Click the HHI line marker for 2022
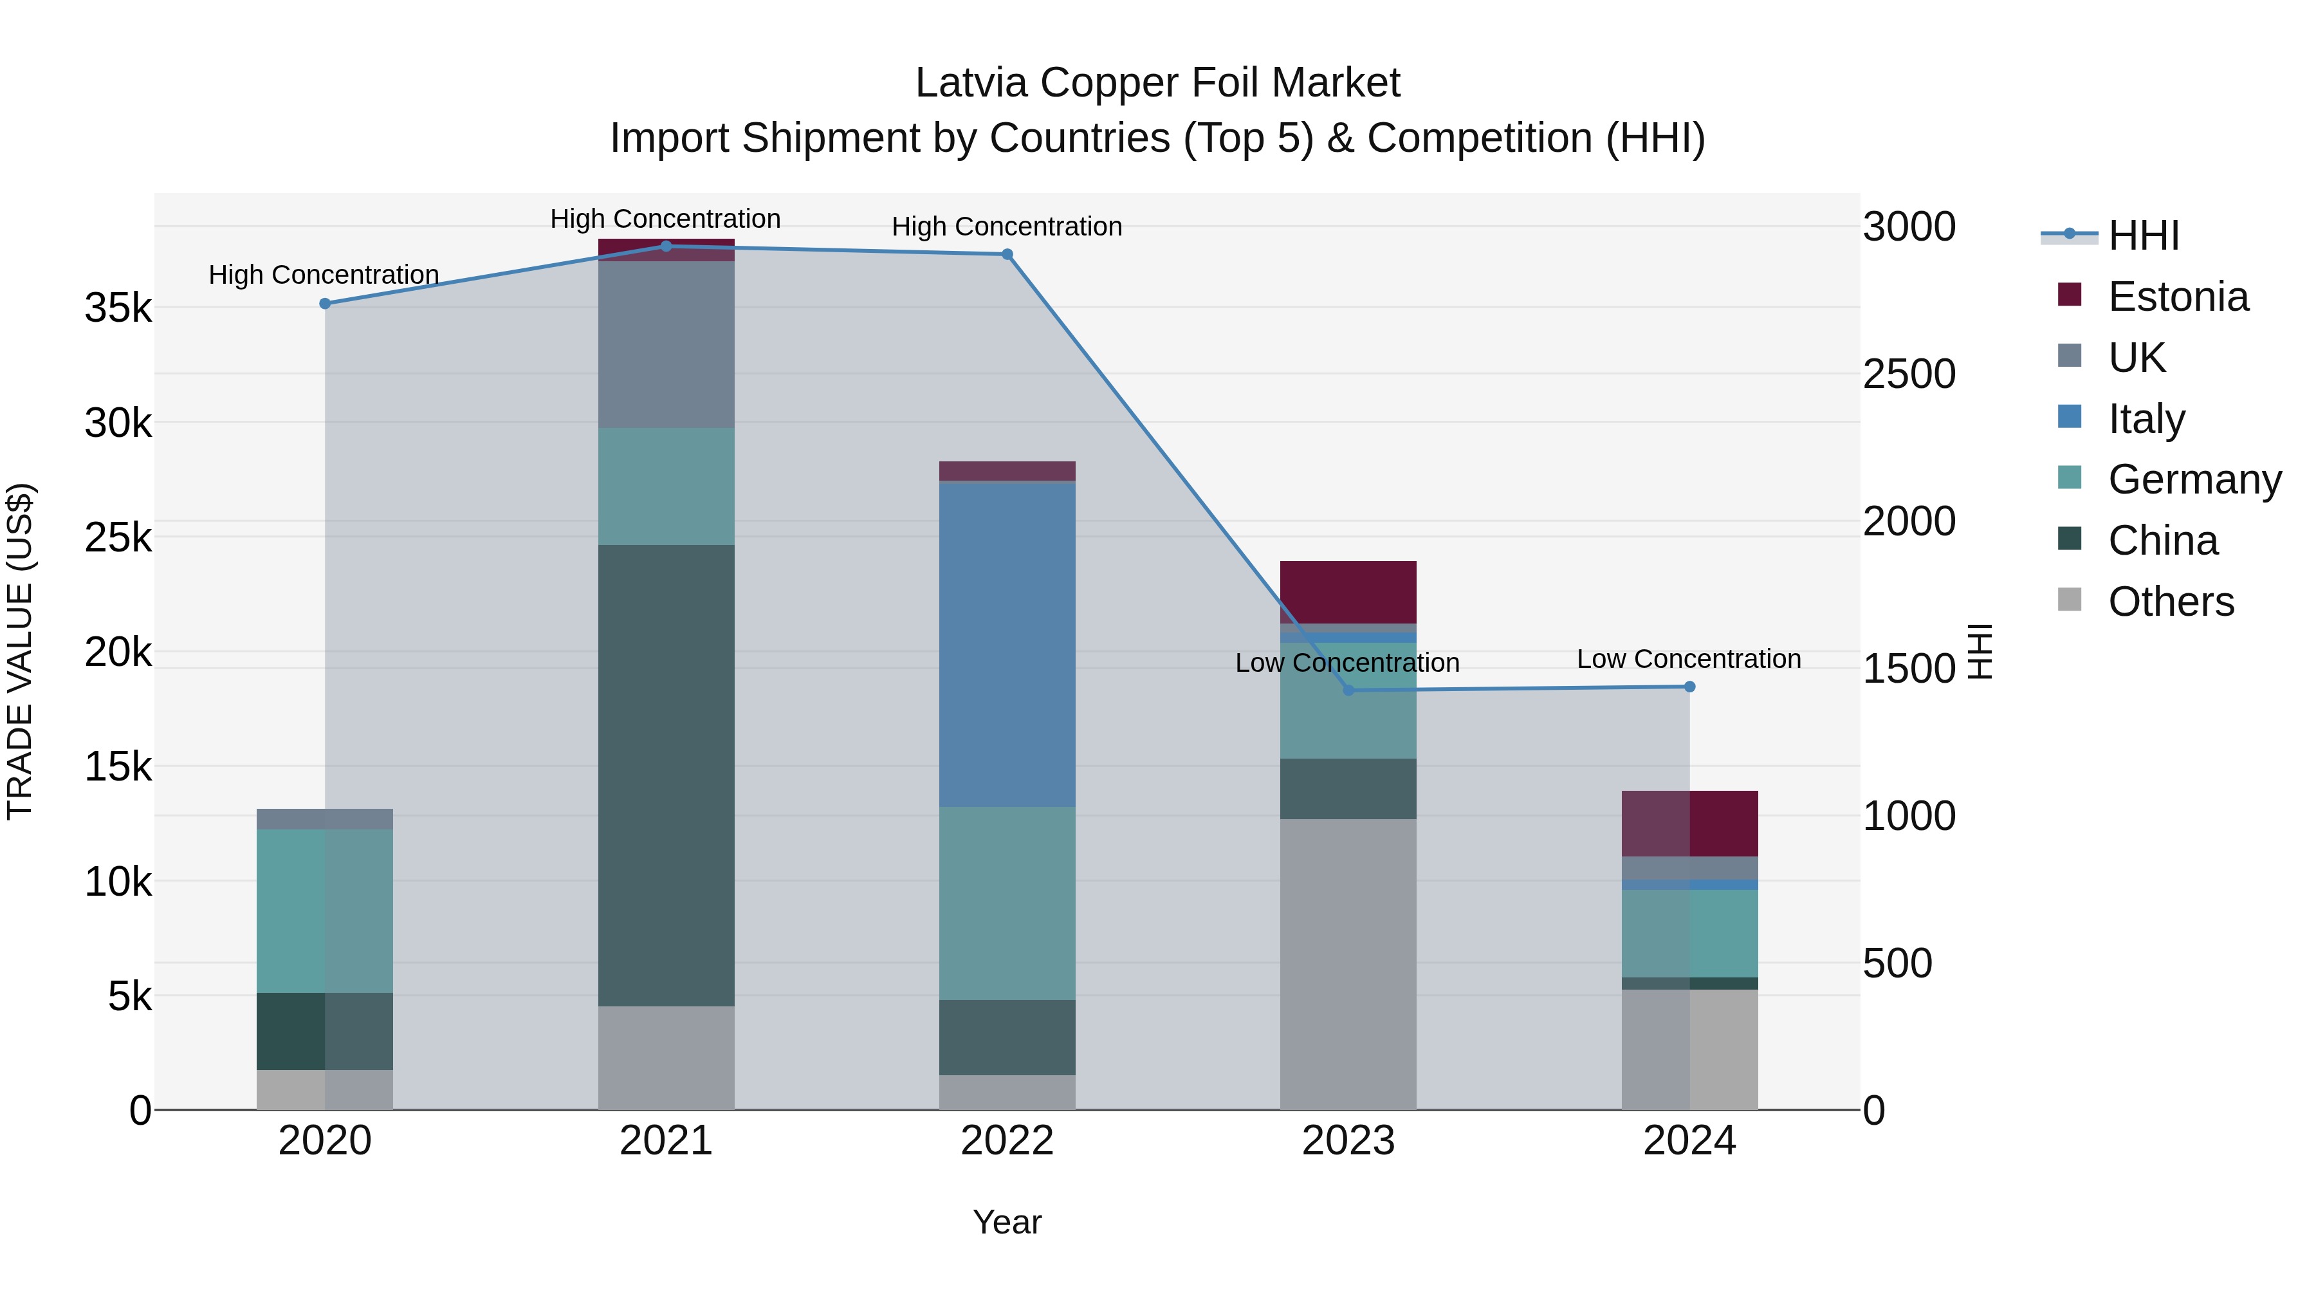click(1007, 254)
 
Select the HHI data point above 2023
click(1348, 690)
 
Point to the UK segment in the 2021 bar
click(666, 344)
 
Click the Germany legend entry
click(2194, 479)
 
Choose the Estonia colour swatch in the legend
click(2070, 295)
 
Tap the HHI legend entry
click(2144, 236)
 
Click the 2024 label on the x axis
click(1689, 1141)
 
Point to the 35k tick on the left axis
click(118, 308)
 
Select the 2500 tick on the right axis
click(1909, 374)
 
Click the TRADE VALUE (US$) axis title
click(21, 651)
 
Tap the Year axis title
click(1007, 1222)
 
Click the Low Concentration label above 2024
click(1689, 659)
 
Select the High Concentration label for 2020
click(324, 274)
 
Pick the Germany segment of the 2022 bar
click(1007, 902)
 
